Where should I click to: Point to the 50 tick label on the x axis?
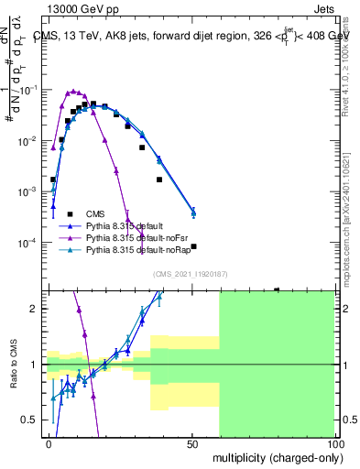[x=192, y=442]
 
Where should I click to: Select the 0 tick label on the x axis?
[x=49, y=442]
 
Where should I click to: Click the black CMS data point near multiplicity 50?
[x=193, y=246]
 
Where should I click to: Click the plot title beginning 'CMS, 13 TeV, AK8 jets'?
[x=191, y=36]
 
